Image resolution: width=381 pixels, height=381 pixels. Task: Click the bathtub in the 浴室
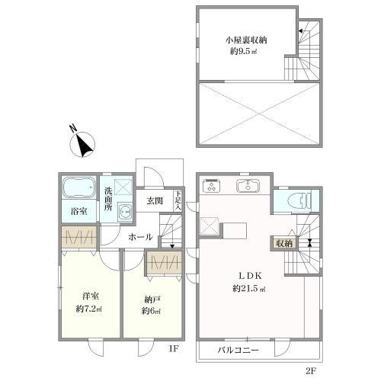[78, 188]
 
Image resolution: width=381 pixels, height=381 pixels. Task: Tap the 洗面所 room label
[108, 199]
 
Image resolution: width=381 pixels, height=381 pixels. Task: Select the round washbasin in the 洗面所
[125, 210]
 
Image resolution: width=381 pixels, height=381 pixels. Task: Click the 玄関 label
[155, 201]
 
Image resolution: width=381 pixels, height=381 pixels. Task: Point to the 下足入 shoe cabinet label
[178, 200]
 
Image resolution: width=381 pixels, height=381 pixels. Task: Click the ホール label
[140, 237]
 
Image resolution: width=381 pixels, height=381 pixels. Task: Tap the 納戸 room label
[152, 300]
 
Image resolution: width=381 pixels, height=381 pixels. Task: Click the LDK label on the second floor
[250, 276]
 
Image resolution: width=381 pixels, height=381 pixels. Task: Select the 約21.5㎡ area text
[249, 288]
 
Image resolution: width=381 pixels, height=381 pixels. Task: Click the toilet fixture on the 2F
[300, 200]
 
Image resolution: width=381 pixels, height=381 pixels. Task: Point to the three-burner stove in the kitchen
[212, 185]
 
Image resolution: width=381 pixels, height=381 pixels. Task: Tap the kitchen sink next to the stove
[248, 185]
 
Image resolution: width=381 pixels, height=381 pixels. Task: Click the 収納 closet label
[284, 244]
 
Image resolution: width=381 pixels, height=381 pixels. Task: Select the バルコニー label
[238, 351]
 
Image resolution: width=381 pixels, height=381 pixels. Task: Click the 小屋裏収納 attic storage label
[246, 40]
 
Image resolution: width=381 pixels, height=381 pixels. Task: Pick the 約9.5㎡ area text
[243, 52]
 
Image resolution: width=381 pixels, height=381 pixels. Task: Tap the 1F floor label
[174, 349]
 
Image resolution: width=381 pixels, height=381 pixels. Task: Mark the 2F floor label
[310, 371]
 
